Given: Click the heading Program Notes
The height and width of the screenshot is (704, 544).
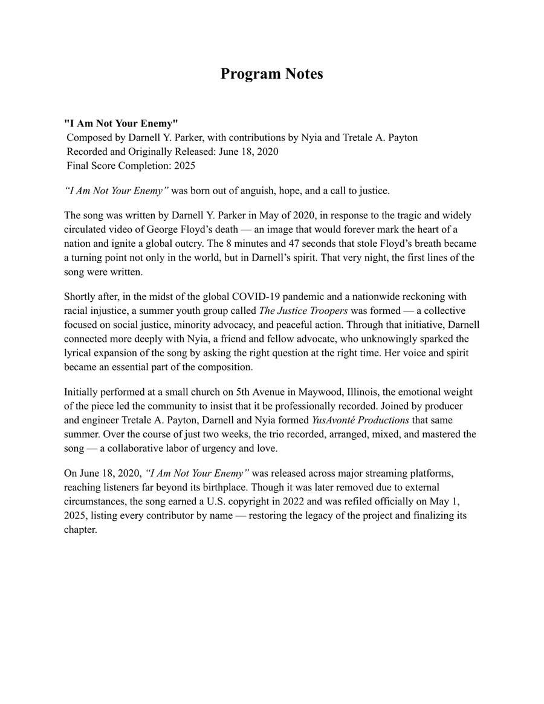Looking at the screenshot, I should point(271,74).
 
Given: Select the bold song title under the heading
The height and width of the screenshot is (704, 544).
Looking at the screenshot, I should point(121,123).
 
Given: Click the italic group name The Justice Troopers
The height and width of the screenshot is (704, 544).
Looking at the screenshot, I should point(303,311).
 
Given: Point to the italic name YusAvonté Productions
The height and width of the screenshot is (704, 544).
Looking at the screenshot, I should point(360,420).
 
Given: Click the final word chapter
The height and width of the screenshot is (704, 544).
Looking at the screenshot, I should point(80,530).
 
